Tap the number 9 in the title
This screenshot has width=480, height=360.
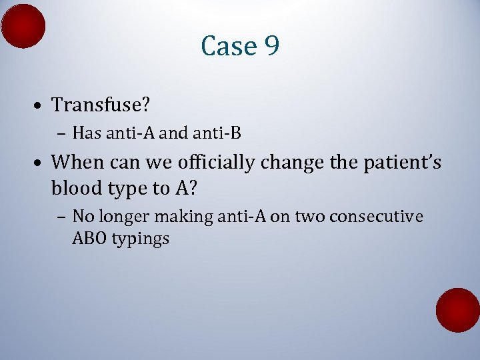271,46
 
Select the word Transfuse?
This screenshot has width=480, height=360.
99,105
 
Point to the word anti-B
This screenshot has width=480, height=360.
217,133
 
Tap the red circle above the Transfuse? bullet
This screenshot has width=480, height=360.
23,26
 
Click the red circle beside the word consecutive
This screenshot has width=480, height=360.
457,310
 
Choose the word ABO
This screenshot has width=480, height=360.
88,238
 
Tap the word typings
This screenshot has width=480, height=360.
139,239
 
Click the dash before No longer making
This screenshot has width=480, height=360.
61,217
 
